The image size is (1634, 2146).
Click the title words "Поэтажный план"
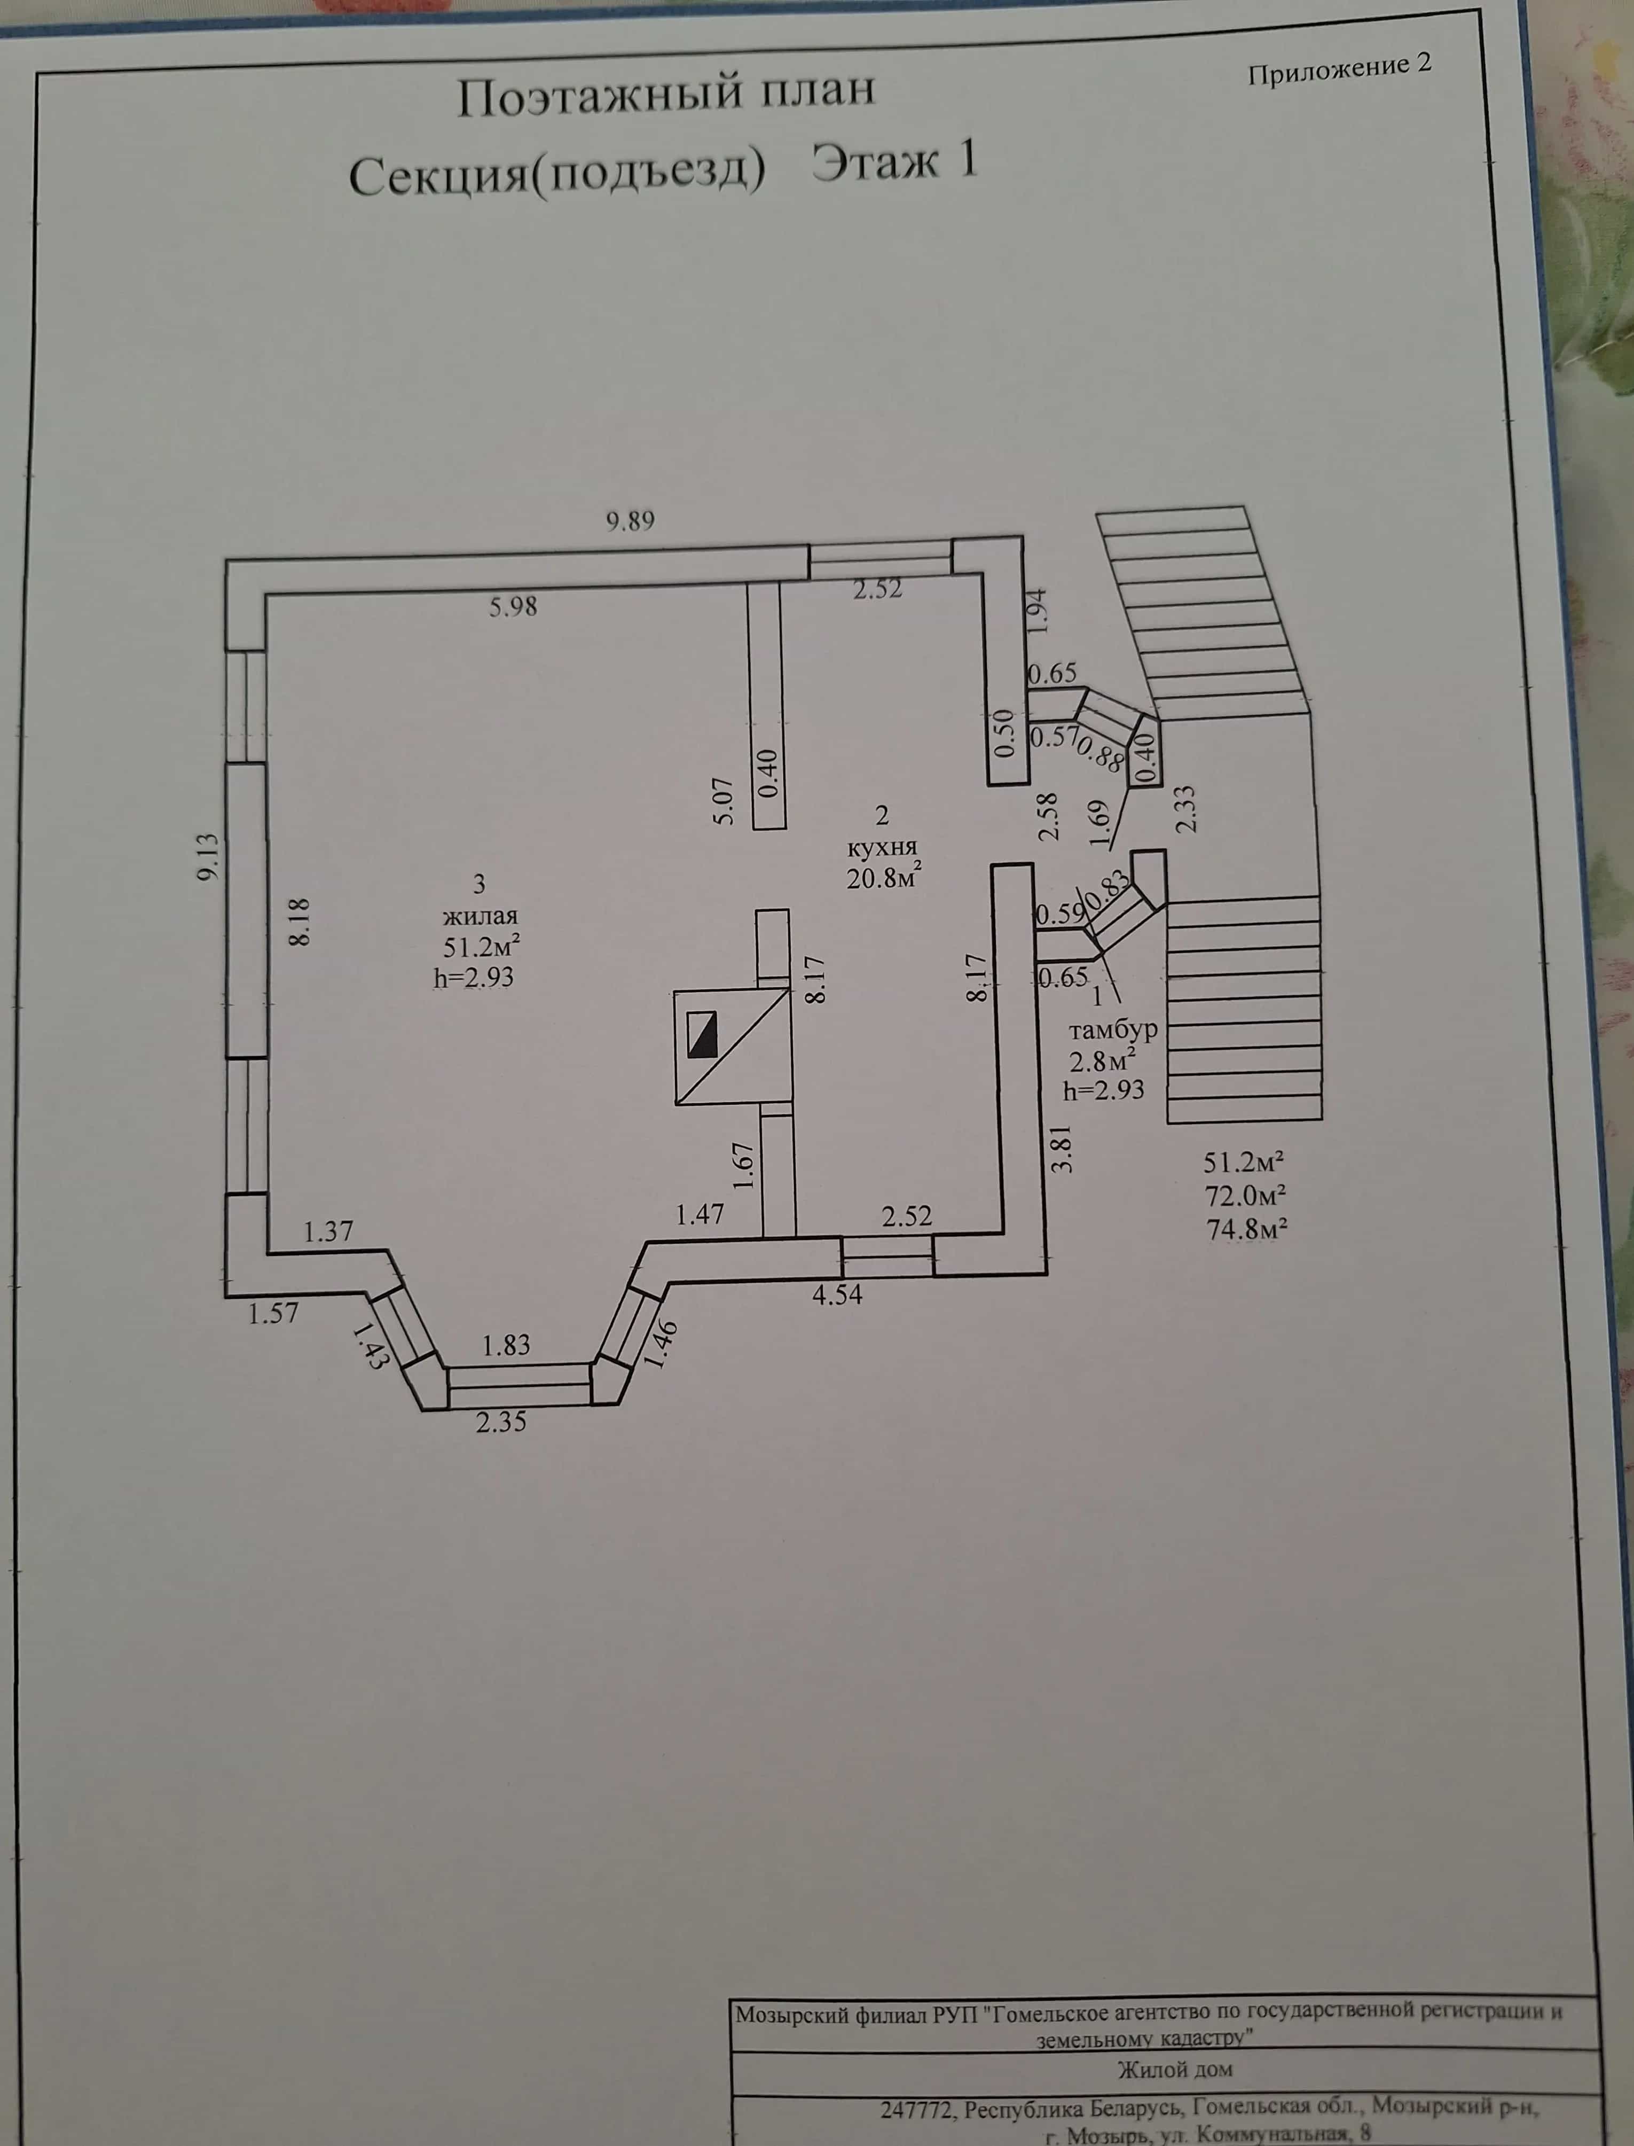(666, 95)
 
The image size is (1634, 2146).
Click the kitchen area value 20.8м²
(883, 878)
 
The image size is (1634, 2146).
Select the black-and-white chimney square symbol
(701, 1035)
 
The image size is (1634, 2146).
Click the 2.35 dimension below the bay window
(501, 1422)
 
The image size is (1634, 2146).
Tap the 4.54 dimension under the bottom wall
(837, 1295)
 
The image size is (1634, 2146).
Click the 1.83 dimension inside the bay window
(507, 1345)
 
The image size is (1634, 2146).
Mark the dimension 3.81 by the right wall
(1063, 1148)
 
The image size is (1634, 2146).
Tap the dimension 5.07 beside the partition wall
(725, 801)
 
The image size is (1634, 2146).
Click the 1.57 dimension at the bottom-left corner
(273, 1313)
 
